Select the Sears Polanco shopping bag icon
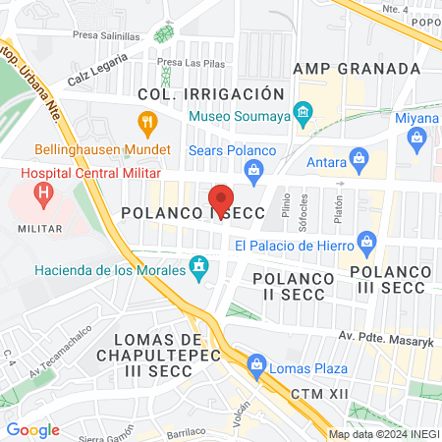[x=254, y=170]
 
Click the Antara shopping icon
[x=359, y=156]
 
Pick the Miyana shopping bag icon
[x=418, y=138]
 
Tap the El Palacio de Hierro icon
[x=368, y=241]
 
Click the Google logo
[x=32, y=429]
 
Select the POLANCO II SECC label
[x=294, y=287]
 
